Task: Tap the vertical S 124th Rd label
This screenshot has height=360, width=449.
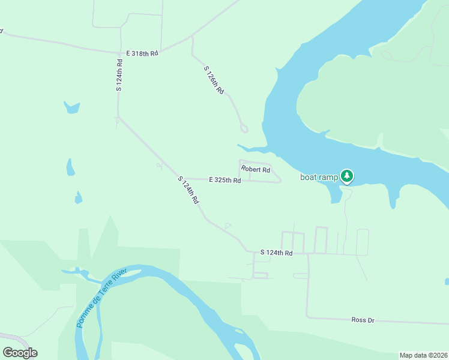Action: coord(119,74)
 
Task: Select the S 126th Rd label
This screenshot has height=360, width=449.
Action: coord(214,80)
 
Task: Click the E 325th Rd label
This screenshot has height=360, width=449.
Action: coord(224,180)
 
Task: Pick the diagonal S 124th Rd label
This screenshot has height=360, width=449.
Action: coord(188,190)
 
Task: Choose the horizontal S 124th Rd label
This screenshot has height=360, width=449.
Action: coord(276,253)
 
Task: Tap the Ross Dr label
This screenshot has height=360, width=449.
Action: coord(363,320)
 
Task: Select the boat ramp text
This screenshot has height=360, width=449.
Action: coord(319,177)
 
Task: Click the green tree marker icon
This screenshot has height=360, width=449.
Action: coord(347,176)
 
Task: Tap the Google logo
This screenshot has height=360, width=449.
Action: coord(20,353)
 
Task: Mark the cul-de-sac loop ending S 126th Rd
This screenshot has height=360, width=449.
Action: coord(244,128)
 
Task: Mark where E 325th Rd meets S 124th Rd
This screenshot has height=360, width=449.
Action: coord(181,178)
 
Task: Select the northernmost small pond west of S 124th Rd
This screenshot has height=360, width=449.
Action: coord(71,107)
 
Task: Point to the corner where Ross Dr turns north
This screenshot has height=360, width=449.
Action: coord(308,316)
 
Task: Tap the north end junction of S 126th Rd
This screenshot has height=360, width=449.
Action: coord(192,37)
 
